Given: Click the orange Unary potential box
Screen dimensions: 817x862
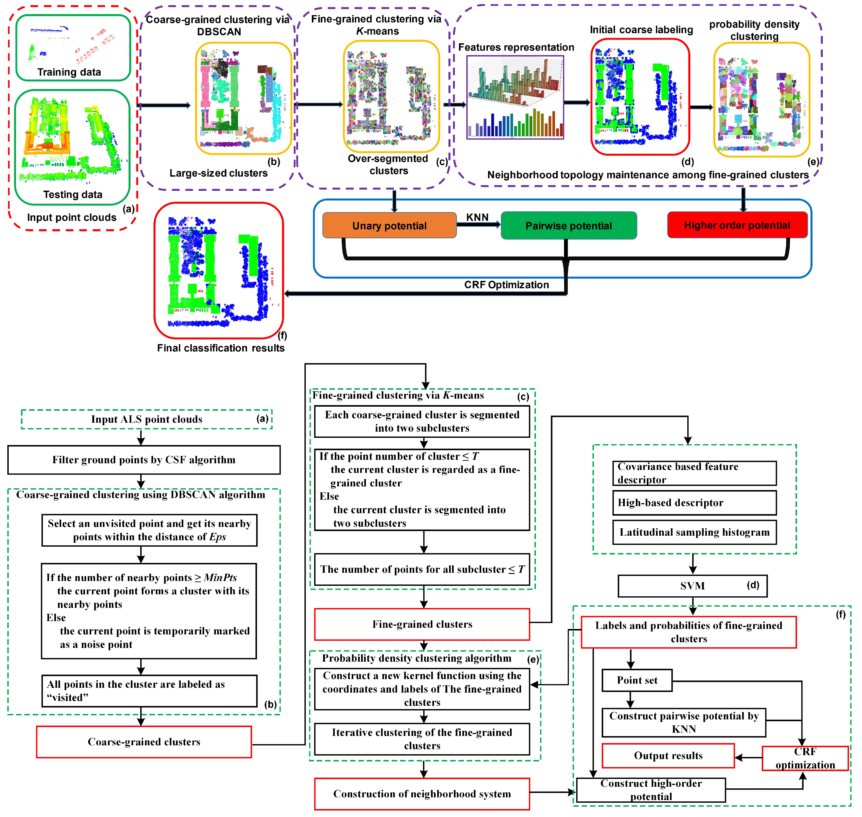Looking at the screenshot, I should (389, 225).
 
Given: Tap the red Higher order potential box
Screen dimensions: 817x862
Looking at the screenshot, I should (737, 225).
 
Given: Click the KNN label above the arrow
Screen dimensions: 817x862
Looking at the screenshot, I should (477, 217).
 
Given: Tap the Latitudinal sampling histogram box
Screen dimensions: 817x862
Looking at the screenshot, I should (694, 532).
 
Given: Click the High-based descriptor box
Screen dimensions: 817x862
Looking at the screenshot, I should (694, 503).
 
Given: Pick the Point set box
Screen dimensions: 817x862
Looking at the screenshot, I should (637, 680).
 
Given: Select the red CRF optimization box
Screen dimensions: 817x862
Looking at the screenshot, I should (805, 758).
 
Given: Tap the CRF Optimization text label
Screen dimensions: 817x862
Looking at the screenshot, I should (506, 284).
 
